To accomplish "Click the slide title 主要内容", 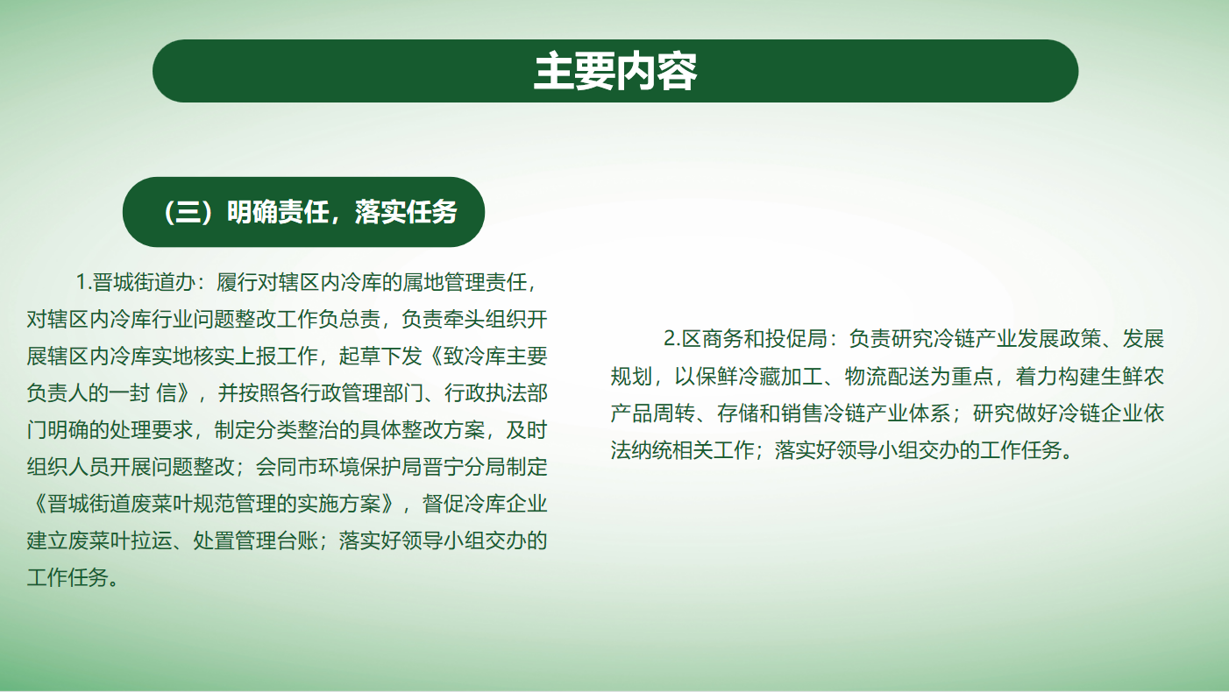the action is (x=615, y=71).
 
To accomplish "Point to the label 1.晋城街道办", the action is (x=136, y=282).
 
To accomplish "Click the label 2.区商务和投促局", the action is (x=745, y=339).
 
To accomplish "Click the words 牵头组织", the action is (x=485, y=319).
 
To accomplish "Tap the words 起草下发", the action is (x=380, y=356).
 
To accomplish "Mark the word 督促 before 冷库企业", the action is (x=443, y=504).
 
